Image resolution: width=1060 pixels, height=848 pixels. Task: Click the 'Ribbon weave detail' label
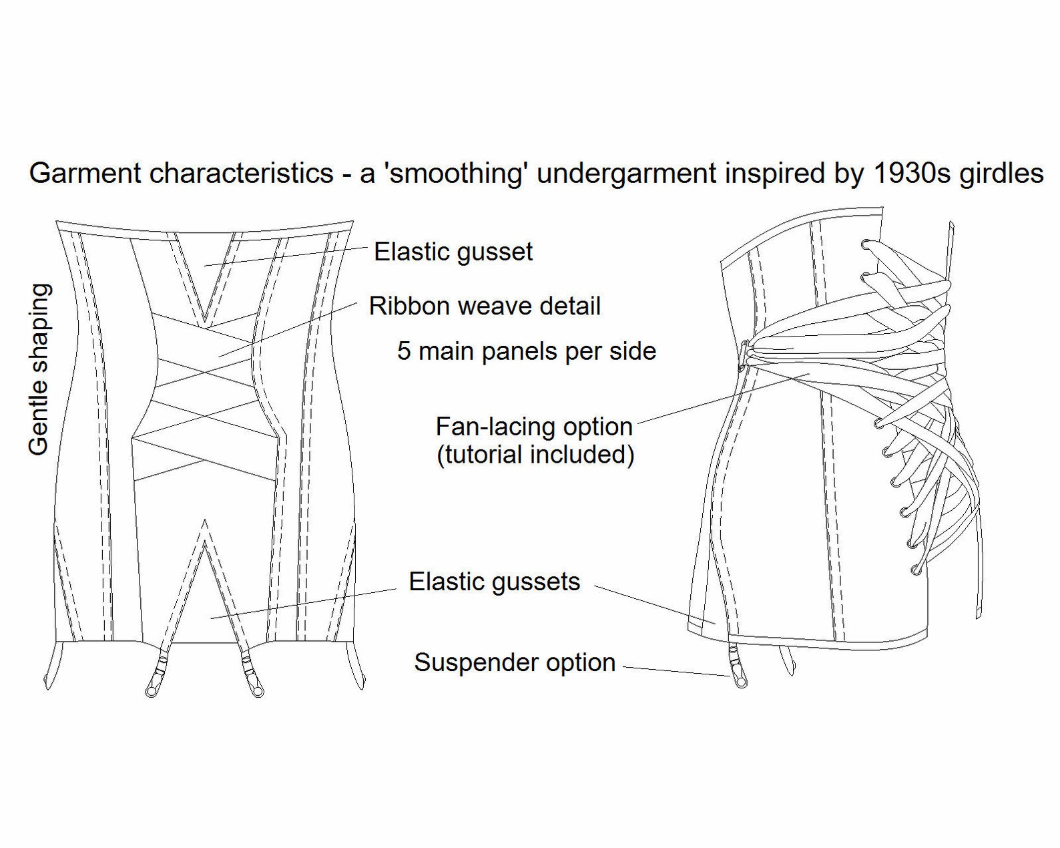click(x=485, y=306)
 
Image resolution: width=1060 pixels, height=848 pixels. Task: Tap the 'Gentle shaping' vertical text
click(x=39, y=369)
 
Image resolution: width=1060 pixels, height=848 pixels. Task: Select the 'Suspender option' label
click(x=515, y=663)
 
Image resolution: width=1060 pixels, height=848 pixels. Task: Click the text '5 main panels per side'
click(x=527, y=351)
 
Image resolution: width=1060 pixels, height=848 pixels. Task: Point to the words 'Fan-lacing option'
click(x=534, y=427)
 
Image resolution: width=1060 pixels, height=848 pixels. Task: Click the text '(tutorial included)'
click(x=535, y=454)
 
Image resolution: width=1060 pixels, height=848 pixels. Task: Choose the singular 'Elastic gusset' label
click(x=453, y=252)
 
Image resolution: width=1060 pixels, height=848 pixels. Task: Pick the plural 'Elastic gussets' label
click(x=495, y=582)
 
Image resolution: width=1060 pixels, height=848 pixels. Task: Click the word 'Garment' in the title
click(x=85, y=174)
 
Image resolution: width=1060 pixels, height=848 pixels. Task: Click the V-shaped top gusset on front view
click(x=205, y=276)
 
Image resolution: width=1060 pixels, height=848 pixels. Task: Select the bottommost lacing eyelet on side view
click(x=916, y=570)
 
